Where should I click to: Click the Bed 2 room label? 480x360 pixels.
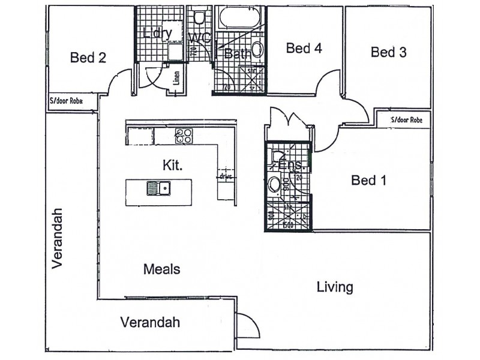pos(88,58)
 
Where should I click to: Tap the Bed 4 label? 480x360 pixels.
pos(304,49)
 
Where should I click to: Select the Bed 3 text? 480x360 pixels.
pos(388,52)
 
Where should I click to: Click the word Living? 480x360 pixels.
pos(335,287)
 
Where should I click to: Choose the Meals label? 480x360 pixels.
pos(162,269)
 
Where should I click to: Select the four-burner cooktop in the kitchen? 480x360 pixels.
pos(184,136)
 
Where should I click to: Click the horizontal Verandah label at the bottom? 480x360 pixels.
pos(150,322)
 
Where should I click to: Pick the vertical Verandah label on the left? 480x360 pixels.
pos(57,238)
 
